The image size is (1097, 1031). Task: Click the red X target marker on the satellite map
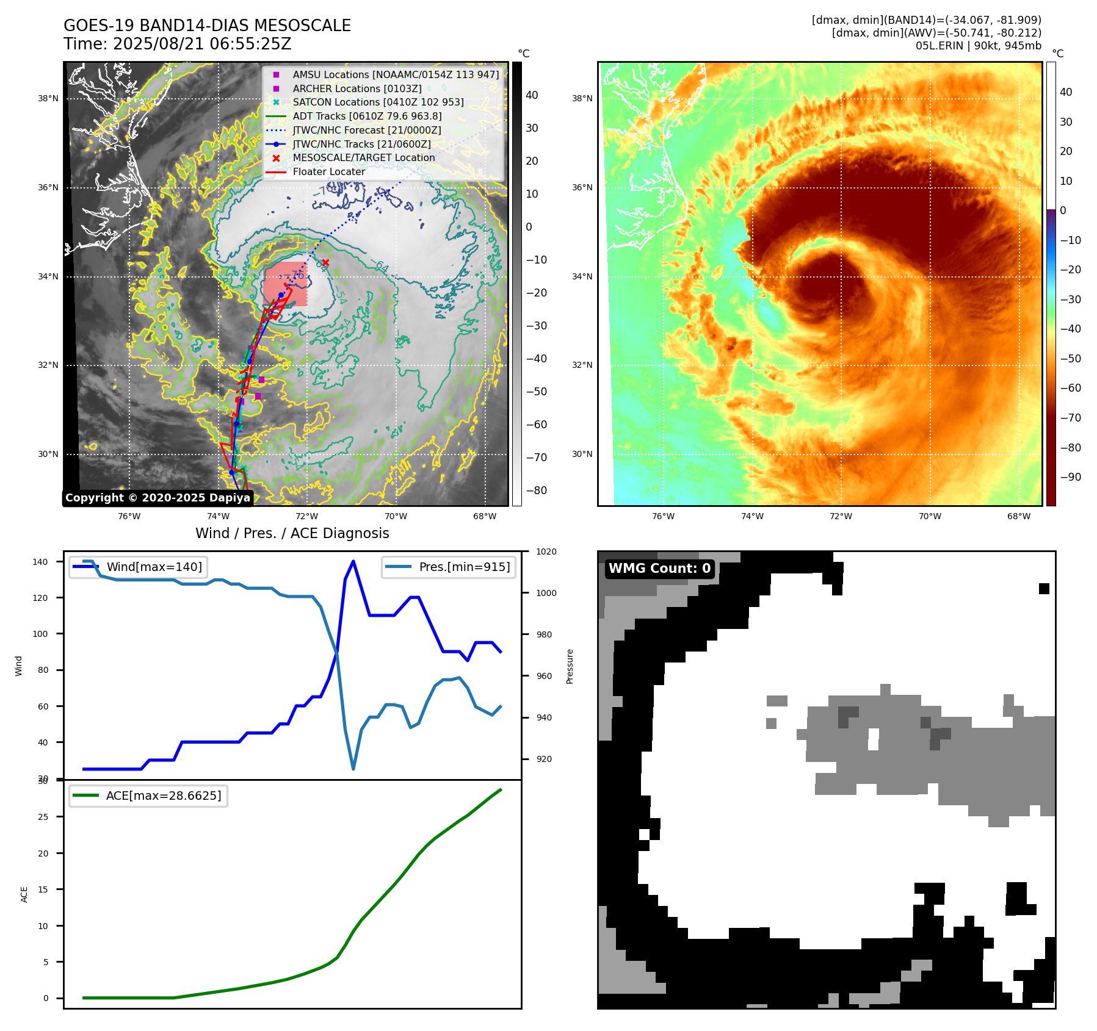(325, 263)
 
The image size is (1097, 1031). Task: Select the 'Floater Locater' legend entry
(328, 172)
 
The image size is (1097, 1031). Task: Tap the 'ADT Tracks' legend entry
(367, 116)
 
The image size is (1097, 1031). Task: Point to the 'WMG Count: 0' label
(659, 569)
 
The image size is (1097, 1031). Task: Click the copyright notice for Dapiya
(157, 498)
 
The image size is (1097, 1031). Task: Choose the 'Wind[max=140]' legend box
(138, 567)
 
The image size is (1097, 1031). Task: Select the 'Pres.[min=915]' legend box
(449, 567)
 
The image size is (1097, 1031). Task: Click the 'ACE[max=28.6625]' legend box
(148, 796)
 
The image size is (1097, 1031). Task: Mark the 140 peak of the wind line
(353, 561)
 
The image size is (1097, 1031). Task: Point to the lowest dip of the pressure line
(353, 769)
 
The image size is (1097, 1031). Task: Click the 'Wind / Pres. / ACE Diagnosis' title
(292, 533)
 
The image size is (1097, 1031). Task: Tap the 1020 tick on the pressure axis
(546, 551)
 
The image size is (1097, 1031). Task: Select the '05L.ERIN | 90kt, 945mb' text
(978, 46)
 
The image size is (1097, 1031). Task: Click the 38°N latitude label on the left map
(49, 98)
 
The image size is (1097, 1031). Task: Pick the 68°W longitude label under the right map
(1019, 516)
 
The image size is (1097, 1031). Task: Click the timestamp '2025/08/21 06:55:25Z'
(202, 45)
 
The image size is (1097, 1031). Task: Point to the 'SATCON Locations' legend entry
(378, 102)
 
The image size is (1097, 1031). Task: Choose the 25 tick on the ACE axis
(43, 817)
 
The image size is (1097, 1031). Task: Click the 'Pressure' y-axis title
(570, 666)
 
